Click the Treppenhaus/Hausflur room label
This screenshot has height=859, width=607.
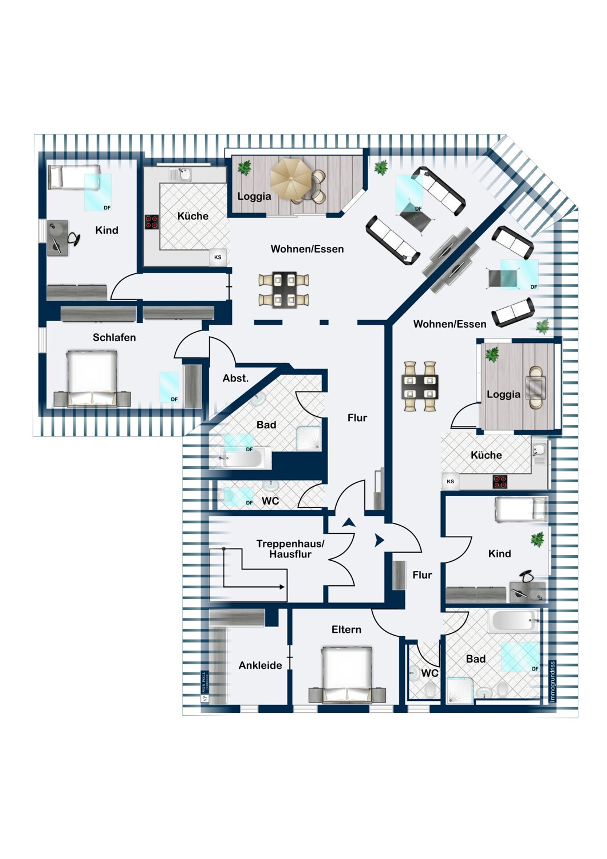tap(290, 549)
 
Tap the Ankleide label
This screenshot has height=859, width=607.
tap(261, 665)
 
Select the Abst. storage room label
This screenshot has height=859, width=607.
tap(235, 379)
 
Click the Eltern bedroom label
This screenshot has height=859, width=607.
tap(346, 629)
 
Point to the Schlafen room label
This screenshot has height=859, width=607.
tap(115, 337)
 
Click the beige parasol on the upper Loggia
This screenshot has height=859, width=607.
tap(290, 179)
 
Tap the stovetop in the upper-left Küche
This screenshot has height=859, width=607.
tap(152, 222)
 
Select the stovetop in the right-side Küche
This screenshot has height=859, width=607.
tap(500, 482)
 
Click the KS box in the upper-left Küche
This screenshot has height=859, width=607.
tap(218, 257)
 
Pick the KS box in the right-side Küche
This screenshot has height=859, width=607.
tap(451, 482)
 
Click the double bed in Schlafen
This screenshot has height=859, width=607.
tap(92, 378)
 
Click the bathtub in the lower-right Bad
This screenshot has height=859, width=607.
tap(513, 620)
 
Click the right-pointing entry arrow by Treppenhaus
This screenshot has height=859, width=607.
tap(379, 541)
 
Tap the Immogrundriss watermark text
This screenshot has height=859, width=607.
tap(553, 681)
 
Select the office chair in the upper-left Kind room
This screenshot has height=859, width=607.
tap(74, 238)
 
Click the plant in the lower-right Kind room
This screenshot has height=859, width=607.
tap(538, 539)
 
